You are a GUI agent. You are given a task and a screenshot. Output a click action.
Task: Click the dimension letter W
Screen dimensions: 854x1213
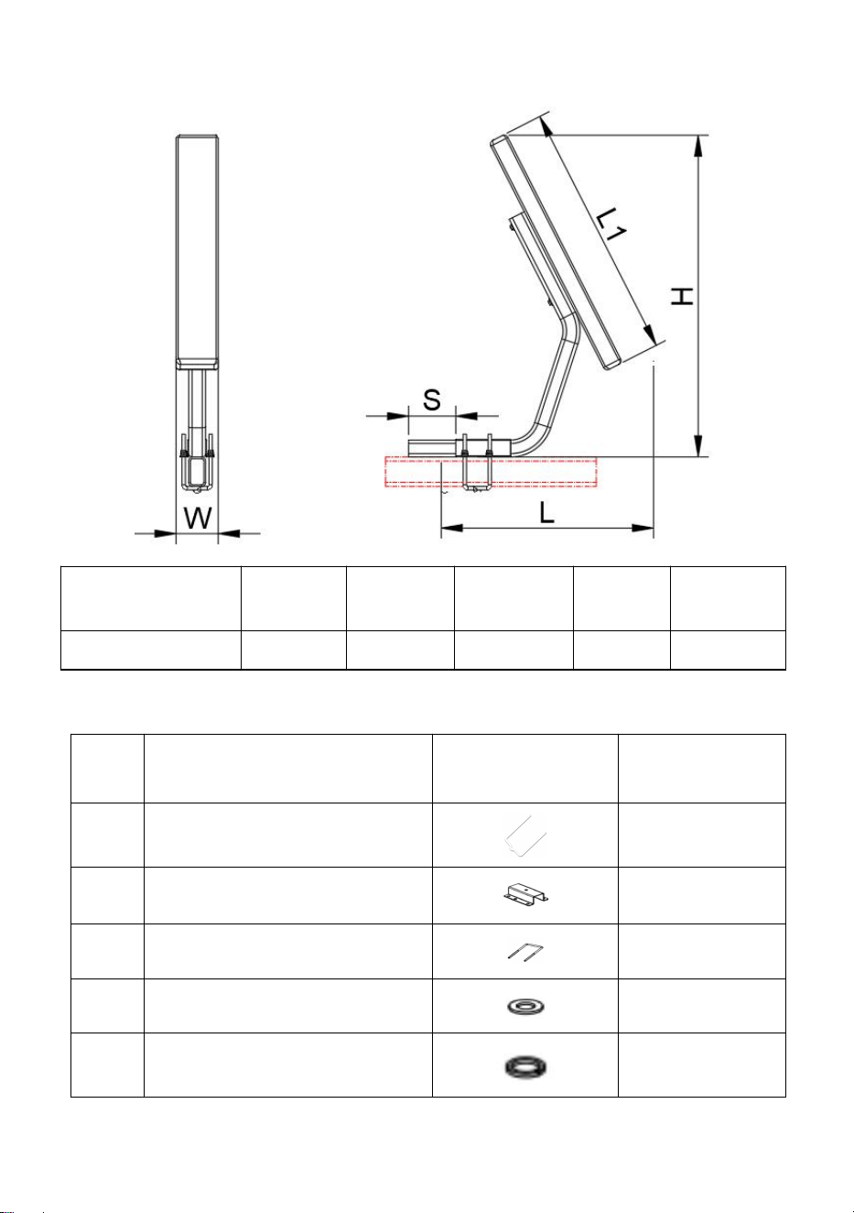(x=198, y=518)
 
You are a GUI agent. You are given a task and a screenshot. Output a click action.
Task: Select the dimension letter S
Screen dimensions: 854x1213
(x=431, y=399)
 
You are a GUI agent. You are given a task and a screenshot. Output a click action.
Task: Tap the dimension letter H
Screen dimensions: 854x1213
(x=683, y=296)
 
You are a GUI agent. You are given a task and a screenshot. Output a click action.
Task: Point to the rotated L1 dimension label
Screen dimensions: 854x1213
(x=611, y=224)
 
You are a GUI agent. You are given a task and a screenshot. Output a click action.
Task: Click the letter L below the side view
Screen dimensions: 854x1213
(x=547, y=512)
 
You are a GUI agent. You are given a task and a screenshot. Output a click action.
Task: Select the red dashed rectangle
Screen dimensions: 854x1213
(x=491, y=472)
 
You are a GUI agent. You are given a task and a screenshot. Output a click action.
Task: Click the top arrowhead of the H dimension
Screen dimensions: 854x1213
(x=698, y=146)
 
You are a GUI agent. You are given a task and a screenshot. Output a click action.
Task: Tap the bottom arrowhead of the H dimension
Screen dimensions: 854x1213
(x=698, y=445)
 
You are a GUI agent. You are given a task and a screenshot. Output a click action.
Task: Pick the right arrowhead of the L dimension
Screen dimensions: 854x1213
(x=643, y=528)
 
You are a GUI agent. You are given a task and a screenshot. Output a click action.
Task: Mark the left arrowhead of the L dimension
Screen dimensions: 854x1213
(x=452, y=528)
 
